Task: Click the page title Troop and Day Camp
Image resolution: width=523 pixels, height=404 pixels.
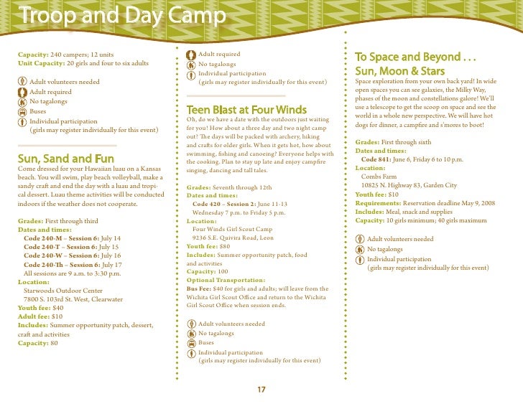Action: (x=122, y=16)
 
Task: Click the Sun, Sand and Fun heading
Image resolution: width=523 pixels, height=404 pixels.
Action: (x=65, y=158)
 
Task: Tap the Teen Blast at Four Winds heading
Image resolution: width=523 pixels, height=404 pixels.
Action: (x=246, y=110)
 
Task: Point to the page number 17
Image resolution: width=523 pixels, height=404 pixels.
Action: (x=261, y=390)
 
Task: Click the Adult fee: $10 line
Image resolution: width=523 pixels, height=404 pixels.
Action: (x=40, y=316)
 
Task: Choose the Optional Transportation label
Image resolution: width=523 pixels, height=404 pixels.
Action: (x=226, y=280)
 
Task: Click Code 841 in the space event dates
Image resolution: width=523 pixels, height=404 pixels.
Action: (x=379, y=159)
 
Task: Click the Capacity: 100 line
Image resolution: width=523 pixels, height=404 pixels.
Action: (x=207, y=272)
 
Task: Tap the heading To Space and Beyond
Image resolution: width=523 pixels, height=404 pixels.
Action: (x=417, y=57)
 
